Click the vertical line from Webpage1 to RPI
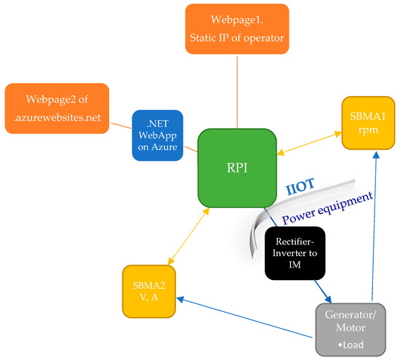238,90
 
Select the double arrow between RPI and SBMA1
310,144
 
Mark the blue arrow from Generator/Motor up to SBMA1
375,225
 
